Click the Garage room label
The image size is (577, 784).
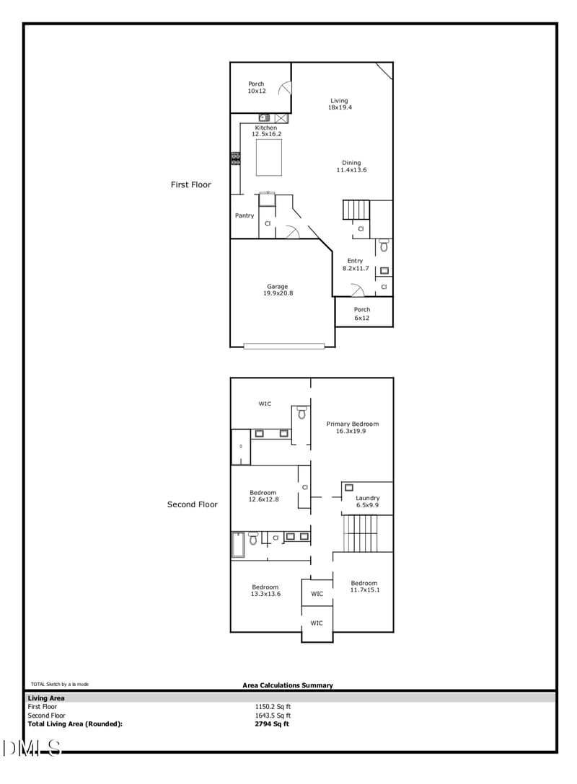278,290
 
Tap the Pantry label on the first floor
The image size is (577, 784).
245,215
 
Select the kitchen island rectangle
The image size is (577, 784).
269,157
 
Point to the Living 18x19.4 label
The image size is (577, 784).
339,104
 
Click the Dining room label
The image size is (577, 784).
351,166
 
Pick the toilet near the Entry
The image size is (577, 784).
384,246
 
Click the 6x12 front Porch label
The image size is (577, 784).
362,313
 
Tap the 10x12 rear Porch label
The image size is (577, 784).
257,87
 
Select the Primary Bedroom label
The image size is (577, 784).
352,427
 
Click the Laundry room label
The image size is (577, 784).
367,502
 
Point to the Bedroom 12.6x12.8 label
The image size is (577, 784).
263,496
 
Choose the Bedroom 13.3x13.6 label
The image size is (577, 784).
265,590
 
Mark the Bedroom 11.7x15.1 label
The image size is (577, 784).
364,587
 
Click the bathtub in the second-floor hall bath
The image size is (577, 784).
237,545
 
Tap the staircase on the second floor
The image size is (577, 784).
367,533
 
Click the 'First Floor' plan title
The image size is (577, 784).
191,185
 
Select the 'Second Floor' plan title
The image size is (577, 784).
193,504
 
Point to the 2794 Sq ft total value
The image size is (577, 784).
272,724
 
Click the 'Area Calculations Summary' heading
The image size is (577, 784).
288,685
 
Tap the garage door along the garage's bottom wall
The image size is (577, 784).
283,346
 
